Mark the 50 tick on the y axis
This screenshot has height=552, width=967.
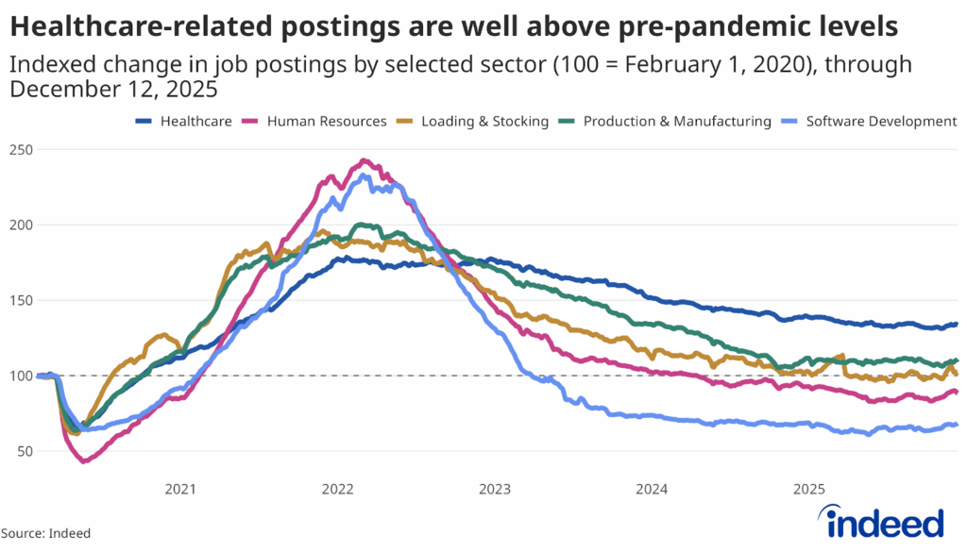coord(24,452)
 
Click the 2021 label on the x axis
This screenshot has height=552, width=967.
coord(179,489)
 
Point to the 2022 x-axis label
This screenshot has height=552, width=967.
coord(337,489)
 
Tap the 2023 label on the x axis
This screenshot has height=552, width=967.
coord(495,489)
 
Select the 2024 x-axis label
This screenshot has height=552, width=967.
coord(652,489)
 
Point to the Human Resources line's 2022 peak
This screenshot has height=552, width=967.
coord(365,160)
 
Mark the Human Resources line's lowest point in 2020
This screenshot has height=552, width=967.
coord(83,460)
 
